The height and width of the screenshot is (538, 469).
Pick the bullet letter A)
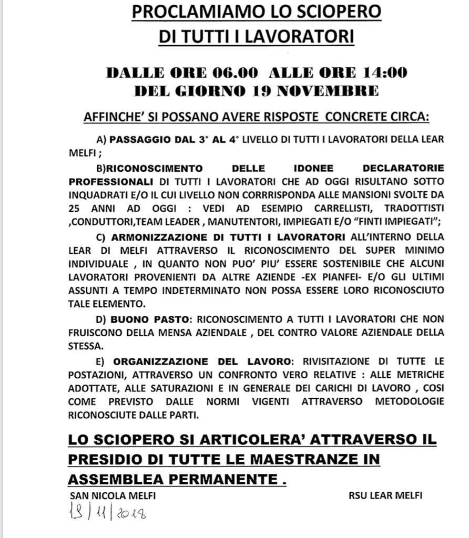(101, 140)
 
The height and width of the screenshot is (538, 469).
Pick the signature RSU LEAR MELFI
(385, 495)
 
